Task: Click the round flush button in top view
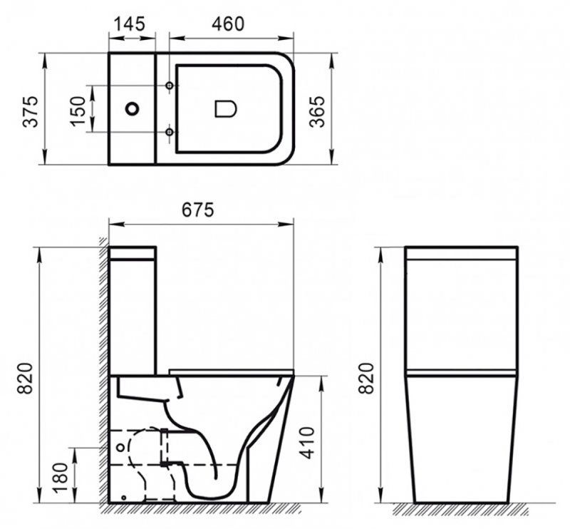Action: click(x=132, y=109)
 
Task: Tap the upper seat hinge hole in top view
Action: click(x=169, y=86)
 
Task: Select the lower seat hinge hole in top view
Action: click(x=169, y=132)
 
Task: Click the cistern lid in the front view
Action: click(x=460, y=252)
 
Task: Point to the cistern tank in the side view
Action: click(x=133, y=314)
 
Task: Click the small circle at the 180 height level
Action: click(x=120, y=446)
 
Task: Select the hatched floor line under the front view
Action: click(x=460, y=509)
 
